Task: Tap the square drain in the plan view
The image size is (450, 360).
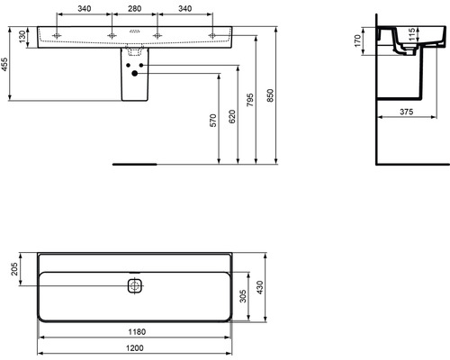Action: coord(134,287)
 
